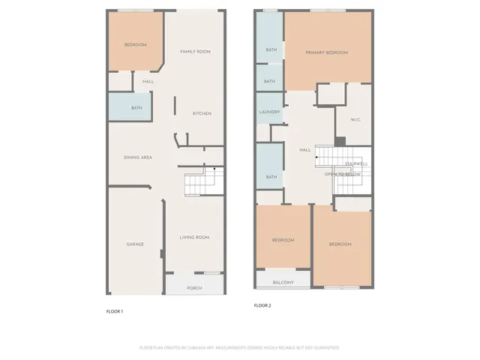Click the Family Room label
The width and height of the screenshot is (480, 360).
tap(195, 51)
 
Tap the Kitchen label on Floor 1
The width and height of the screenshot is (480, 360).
tap(202, 113)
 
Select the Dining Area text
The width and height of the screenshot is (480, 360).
tap(138, 157)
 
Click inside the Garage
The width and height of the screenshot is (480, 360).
tap(135, 244)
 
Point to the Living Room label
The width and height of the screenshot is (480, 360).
tap(194, 238)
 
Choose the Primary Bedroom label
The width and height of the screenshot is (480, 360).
tap(327, 52)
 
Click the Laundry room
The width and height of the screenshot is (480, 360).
tap(269, 112)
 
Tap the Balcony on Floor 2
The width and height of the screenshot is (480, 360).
tap(283, 282)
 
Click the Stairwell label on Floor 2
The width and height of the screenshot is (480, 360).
tap(355, 163)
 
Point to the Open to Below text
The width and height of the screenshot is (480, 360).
tap(343, 174)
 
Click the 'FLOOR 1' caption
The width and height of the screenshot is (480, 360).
tap(115, 311)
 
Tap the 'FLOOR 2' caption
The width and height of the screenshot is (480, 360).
tap(262, 305)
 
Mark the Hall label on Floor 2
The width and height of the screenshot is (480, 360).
tap(304, 150)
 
